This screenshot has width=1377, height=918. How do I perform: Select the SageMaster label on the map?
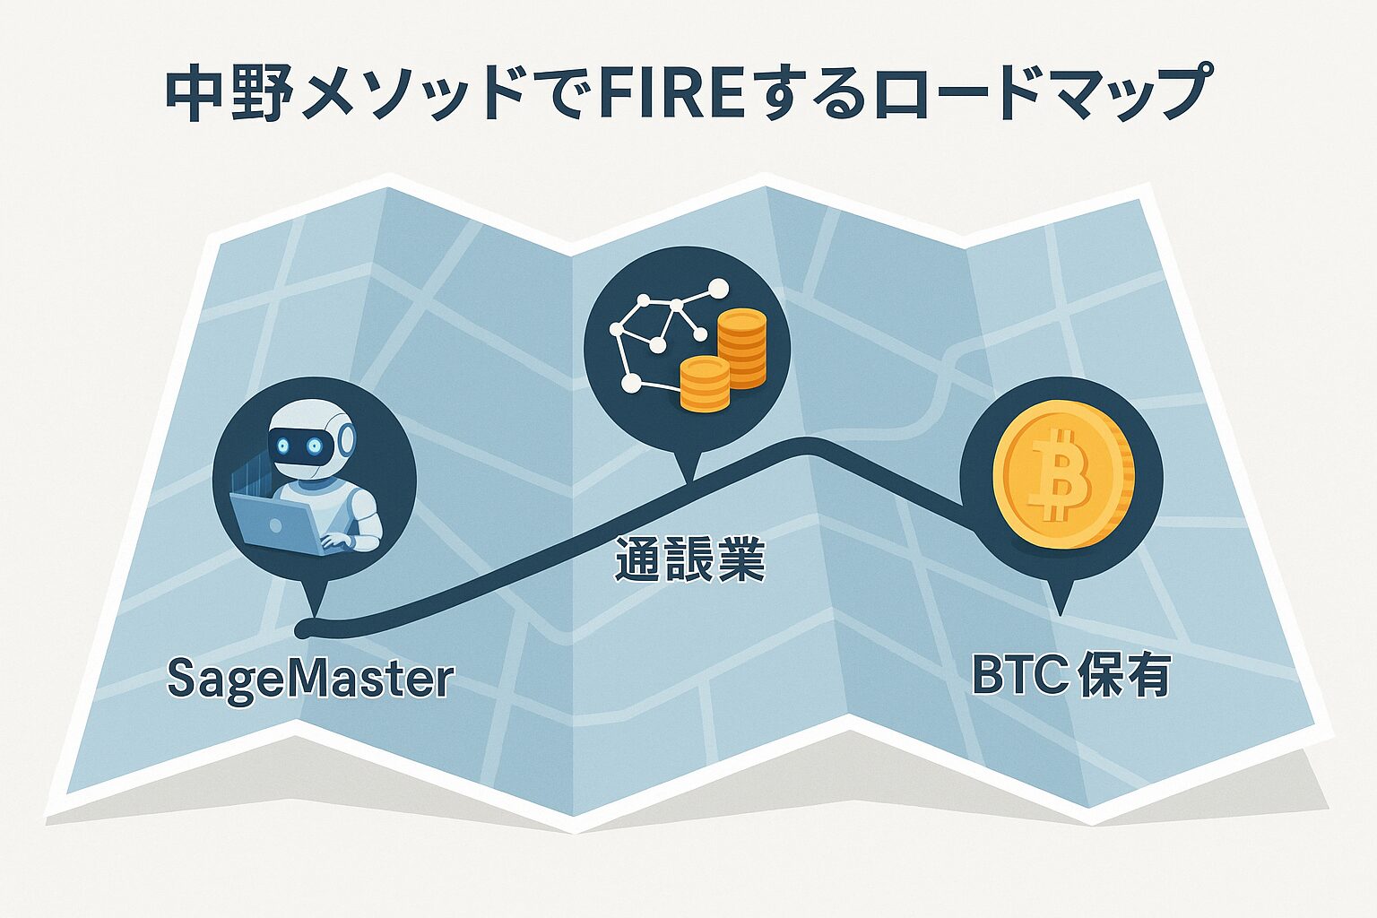click(x=310, y=680)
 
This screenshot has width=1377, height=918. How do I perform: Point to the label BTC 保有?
click(x=1071, y=677)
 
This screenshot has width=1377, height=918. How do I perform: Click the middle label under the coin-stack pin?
click(x=688, y=562)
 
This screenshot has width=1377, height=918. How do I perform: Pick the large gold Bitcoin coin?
click(x=1063, y=475)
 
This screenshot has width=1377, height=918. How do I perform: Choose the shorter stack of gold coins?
click(x=705, y=384)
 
